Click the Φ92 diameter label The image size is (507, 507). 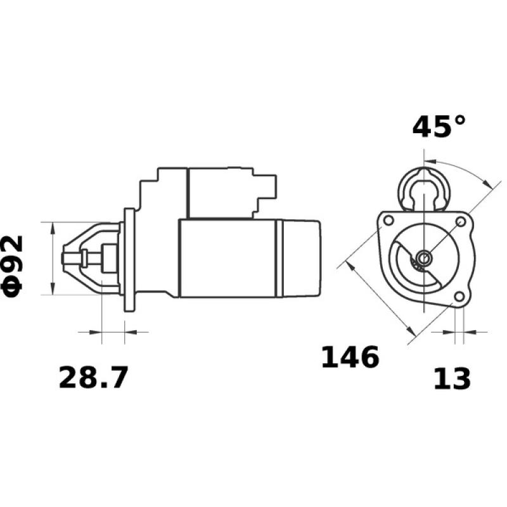(14, 264)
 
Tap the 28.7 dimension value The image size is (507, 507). (93, 378)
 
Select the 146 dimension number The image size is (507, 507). (350, 357)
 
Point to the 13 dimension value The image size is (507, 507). (452, 378)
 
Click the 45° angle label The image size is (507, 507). (439, 126)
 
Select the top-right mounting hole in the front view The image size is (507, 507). (461, 221)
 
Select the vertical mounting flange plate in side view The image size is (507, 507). (130, 259)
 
